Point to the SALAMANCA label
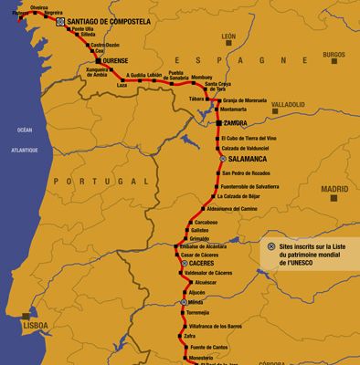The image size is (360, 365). (x=250, y=157)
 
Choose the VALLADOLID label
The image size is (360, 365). (x=288, y=105)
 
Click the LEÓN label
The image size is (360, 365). (x=229, y=37)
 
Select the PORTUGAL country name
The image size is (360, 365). (x=88, y=182)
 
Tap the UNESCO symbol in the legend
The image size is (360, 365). (x=271, y=246)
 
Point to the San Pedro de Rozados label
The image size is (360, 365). (x=247, y=172)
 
